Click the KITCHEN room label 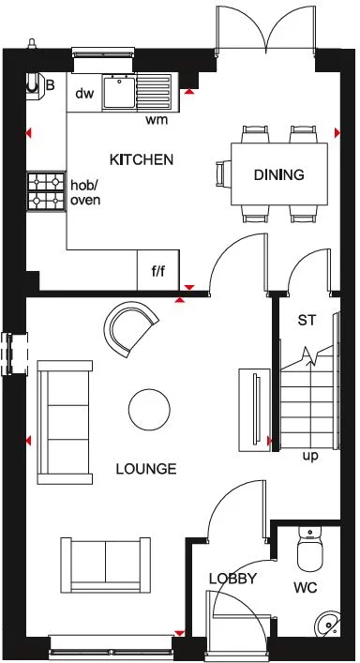(x=142, y=159)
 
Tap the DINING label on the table (x=279, y=174)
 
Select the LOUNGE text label (x=145, y=469)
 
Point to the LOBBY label (x=232, y=579)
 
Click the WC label (x=305, y=589)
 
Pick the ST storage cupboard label (x=306, y=321)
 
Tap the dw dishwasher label (x=84, y=93)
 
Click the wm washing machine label (x=157, y=120)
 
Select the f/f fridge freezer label (x=157, y=274)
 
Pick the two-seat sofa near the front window (x=106, y=563)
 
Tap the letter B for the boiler (x=51, y=85)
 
